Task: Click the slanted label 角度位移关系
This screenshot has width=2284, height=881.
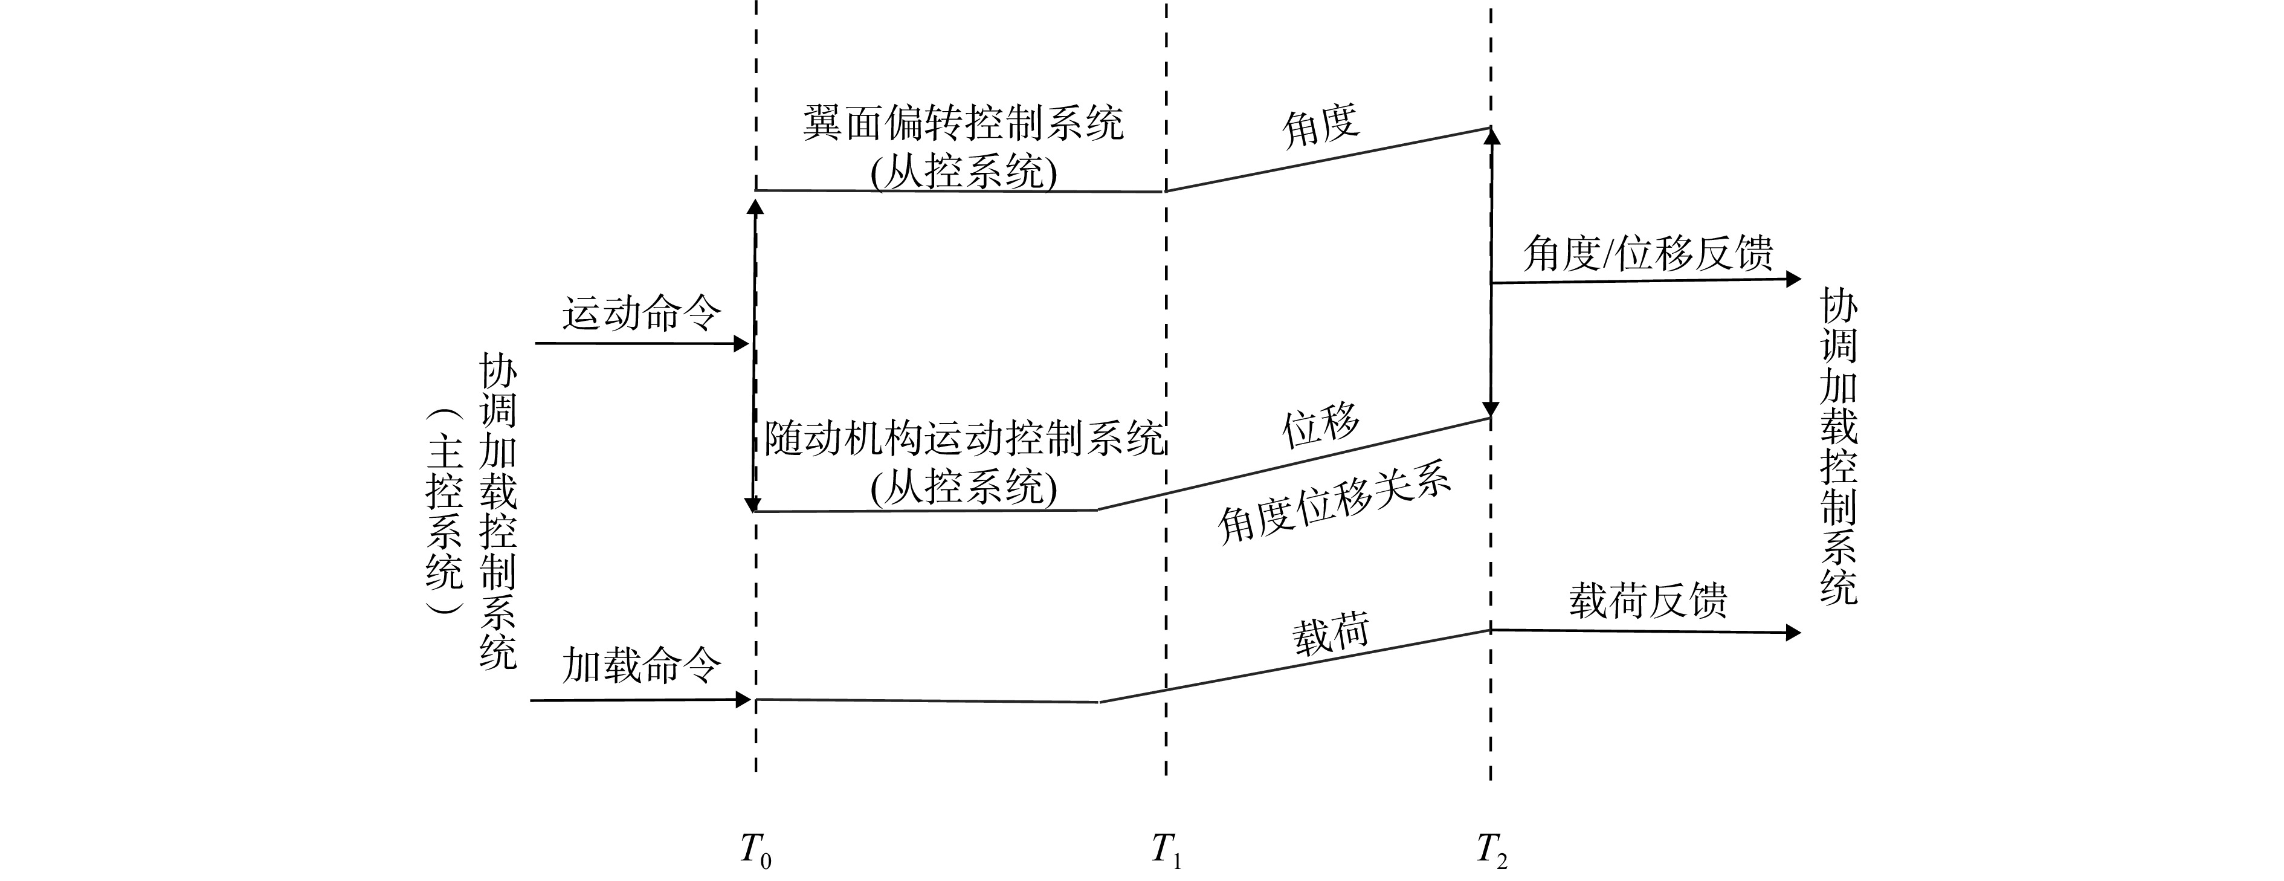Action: tap(1334, 506)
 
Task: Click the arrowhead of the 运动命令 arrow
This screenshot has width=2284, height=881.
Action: tap(742, 343)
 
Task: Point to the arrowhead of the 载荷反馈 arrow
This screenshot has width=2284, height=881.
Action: tap(1793, 633)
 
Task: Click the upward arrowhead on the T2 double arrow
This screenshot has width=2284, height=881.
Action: tap(1491, 135)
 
